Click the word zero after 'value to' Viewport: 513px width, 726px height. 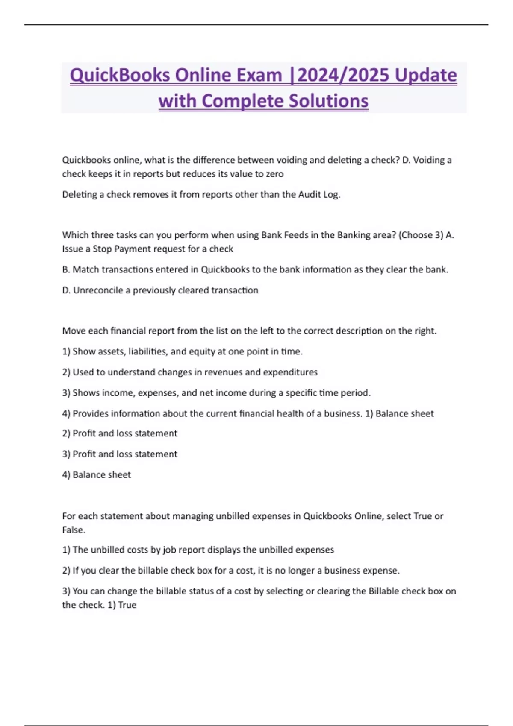[274, 174]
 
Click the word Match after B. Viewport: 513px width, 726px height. [85, 270]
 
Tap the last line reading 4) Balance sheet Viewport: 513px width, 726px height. [97, 475]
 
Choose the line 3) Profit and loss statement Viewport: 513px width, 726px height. [120, 454]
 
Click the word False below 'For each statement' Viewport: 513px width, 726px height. [74, 530]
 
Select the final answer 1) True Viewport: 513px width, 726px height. [122, 605]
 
